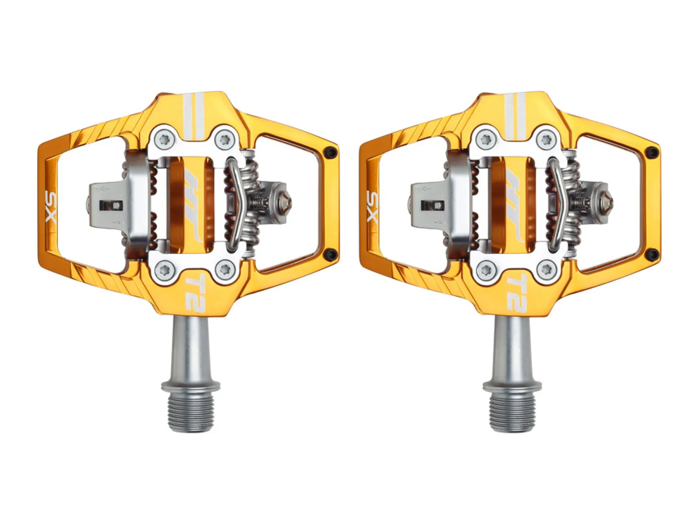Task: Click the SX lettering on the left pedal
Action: pos(50,207)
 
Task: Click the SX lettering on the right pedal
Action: pos(372,207)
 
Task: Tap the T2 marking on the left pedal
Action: pos(194,291)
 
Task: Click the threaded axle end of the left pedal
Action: pos(190,415)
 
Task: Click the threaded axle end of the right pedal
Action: pos(512,415)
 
